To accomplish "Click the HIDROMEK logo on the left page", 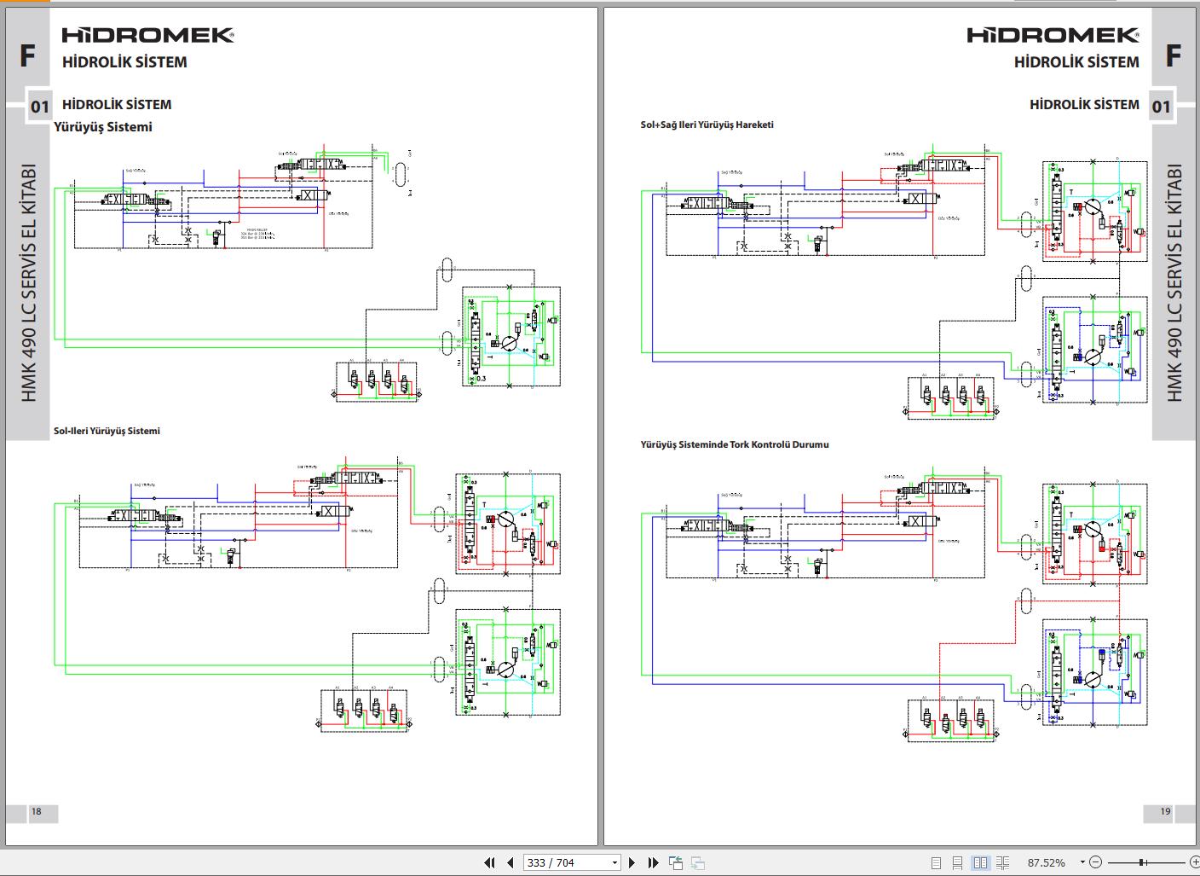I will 147,35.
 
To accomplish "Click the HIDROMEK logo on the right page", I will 1053,35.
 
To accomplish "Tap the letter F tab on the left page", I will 27,56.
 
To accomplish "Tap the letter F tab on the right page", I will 1173,56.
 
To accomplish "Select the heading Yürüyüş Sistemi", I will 103,127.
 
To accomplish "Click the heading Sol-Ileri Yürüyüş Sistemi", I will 107,431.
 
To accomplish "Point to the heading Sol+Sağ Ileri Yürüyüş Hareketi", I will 707,125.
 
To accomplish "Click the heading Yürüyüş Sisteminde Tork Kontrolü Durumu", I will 734,444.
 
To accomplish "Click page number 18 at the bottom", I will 36,811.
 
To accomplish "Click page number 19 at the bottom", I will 1165,811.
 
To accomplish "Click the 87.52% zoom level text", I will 1046,862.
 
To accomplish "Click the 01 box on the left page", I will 40,107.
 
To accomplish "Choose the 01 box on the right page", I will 1161,107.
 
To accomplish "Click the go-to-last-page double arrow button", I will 653,862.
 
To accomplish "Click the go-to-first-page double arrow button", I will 489,862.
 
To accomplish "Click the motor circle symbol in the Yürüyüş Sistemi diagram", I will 508,343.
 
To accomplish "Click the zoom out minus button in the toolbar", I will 1096,862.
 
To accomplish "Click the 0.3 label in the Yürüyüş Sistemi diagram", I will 481,378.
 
